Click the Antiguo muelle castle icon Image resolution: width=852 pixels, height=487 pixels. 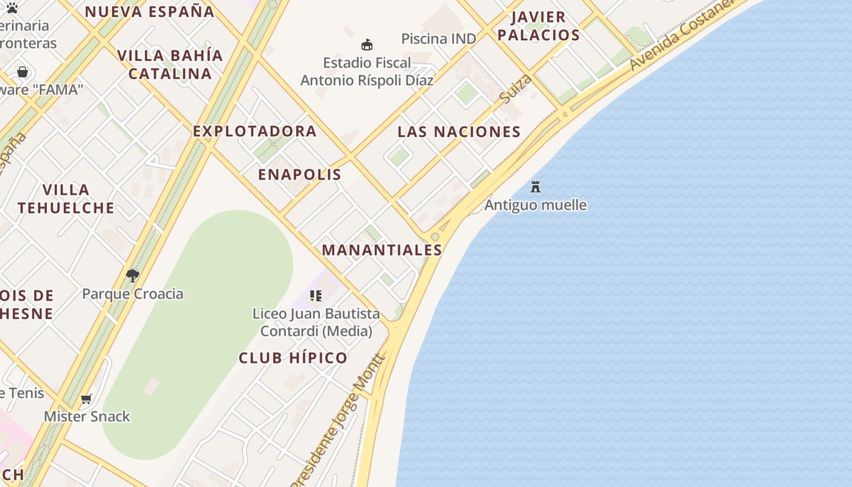pyautogui.click(x=536, y=186)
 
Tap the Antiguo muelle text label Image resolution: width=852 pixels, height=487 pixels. pyautogui.click(x=536, y=205)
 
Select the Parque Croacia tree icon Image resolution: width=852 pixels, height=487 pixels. pyautogui.click(x=133, y=276)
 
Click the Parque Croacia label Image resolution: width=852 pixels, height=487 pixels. pyautogui.click(x=133, y=294)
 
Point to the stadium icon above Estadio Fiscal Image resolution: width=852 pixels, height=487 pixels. pyautogui.click(x=367, y=44)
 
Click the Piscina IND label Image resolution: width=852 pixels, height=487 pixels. pyautogui.click(x=438, y=39)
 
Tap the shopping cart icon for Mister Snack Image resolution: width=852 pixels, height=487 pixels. pyautogui.click(x=86, y=399)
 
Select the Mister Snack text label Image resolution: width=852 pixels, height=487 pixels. pyautogui.click(x=87, y=417)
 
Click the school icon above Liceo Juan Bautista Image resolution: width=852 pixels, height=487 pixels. pyautogui.click(x=315, y=296)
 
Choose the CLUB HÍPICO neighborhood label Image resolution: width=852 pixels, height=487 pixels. pyautogui.click(x=293, y=358)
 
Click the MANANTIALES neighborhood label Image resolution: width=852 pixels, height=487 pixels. pyautogui.click(x=382, y=250)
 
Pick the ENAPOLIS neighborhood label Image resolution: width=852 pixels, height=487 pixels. pyautogui.click(x=299, y=175)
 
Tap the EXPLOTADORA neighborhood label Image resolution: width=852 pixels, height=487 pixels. pyautogui.click(x=254, y=131)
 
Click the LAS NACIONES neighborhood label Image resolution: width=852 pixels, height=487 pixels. pyautogui.click(x=459, y=131)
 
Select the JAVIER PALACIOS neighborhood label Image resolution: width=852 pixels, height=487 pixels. pyautogui.click(x=539, y=26)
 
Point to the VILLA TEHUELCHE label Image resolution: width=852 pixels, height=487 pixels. pyautogui.click(x=66, y=199)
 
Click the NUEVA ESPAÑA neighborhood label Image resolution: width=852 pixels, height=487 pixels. pyautogui.click(x=149, y=12)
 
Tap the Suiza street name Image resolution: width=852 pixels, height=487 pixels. pyautogui.click(x=515, y=88)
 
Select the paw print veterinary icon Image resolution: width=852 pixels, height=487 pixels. pyautogui.click(x=12, y=8)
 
